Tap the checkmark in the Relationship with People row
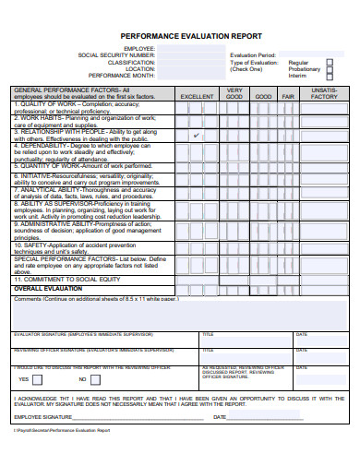[x=197, y=135]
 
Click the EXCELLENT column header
[x=197, y=96]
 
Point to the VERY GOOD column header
[x=234, y=93]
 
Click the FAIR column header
[x=287, y=96]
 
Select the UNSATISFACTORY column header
[x=325, y=93]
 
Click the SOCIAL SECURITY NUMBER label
[x=116, y=55]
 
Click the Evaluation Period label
[x=253, y=55]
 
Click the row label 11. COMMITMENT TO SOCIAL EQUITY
[x=66, y=279]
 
